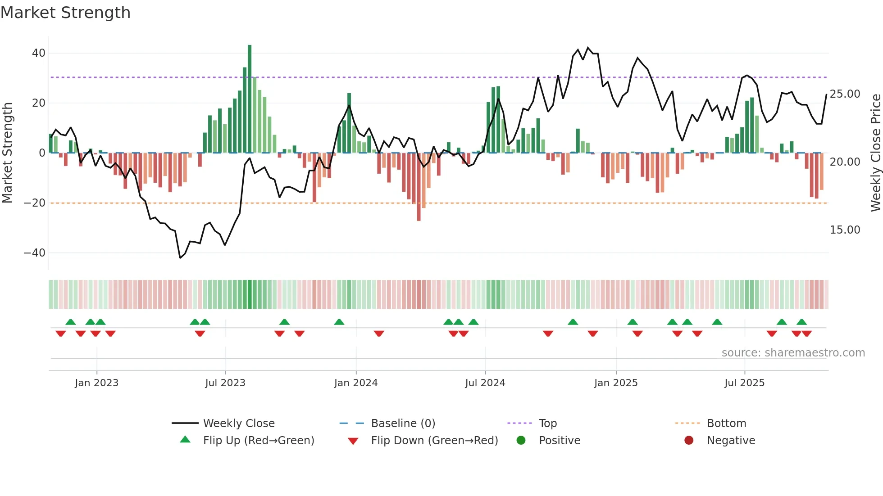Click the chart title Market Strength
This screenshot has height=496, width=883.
point(65,13)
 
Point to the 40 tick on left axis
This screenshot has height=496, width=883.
point(39,53)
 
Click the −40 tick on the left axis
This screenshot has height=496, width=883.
point(35,253)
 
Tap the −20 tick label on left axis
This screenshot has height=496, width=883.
point(35,203)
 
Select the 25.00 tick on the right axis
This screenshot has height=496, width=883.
point(845,94)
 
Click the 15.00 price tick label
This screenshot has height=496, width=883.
point(845,230)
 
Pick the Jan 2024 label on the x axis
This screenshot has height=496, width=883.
point(355,383)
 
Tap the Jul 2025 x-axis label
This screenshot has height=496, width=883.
point(744,383)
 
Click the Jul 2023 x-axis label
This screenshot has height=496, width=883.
point(225,383)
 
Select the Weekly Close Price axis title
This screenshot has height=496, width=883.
point(875,153)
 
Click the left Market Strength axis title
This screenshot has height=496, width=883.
point(7,153)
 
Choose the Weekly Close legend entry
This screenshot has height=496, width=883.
point(238,424)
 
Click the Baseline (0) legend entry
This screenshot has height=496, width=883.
point(403,424)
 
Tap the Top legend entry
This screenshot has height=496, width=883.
point(547,424)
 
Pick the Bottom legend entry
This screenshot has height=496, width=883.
point(726,424)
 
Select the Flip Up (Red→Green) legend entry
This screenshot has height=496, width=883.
point(258,441)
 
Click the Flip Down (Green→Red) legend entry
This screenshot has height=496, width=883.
point(434,441)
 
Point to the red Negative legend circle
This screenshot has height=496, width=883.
point(689,441)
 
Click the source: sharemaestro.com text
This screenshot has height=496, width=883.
point(793,353)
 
